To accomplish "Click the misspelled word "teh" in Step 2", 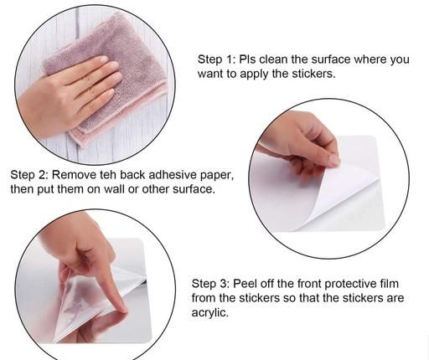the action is pyautogui.click(x=108, y=175).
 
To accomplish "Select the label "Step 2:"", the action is pyautogui.click(x=29, y=175).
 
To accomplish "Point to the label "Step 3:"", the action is pyautogui.click(x=210, y=284).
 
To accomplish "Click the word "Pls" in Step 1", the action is pyautogui.click(x=248, y=59).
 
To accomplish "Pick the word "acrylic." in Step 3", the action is pyautogui.click(x=209, y=312).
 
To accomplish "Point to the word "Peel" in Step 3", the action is pyautogui.click(x=243, y=284).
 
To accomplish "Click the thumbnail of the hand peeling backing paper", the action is pyautogui.click(x=329, y=178).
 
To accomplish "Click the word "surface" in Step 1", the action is pyautogui.click(x=331, y=59).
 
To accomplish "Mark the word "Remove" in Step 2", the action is pyautogui.click(x=75, y=175).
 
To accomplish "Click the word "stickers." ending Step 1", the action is pyautogui.click(x=313, y=74).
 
